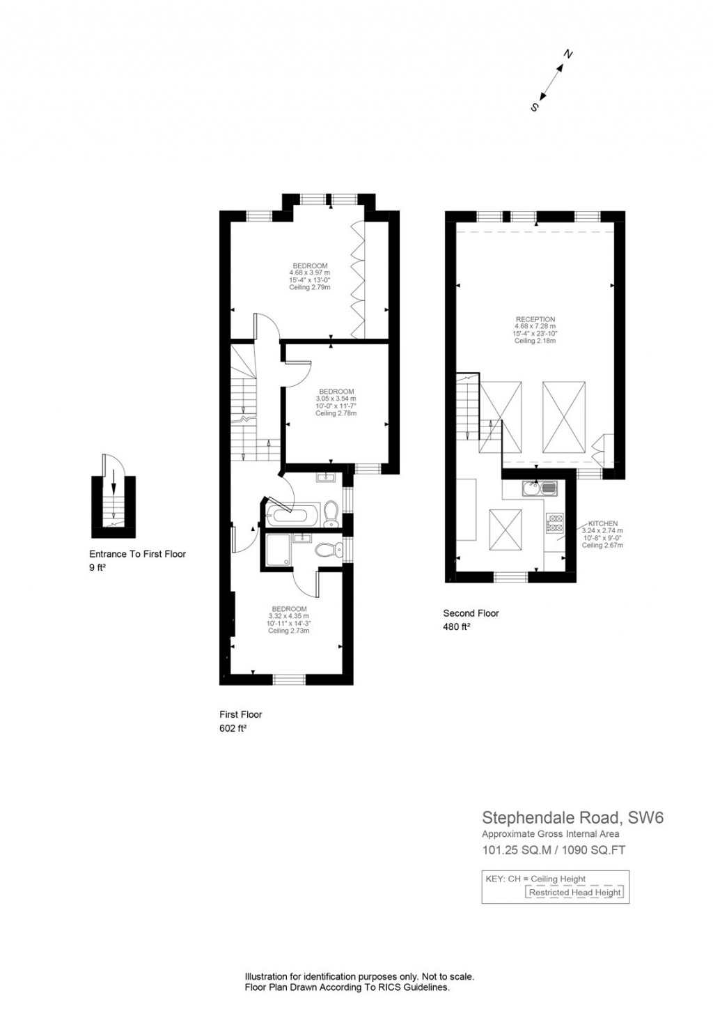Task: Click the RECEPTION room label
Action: click(x=535, y=320)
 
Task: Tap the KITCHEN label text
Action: click(x=602, y=523)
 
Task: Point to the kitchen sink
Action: click(x=540, y=488)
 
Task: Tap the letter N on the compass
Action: click(x=567, y=54)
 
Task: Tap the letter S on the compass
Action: click(x=535, y=107)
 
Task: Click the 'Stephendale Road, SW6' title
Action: click(x=573, y=817)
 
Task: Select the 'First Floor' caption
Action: click(x=240, y=714)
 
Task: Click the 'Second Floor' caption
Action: click(x=471, y=613)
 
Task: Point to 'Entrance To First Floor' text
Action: click(x=138, y=554)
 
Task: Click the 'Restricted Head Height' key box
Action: click(x=574, y=892)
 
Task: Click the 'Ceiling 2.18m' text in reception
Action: click(x=535, y=341)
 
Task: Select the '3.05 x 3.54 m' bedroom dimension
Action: click(x=336, y=399)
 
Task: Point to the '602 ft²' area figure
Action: click(x=233, y=728)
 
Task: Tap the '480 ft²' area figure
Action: click(x=456, y=626)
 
